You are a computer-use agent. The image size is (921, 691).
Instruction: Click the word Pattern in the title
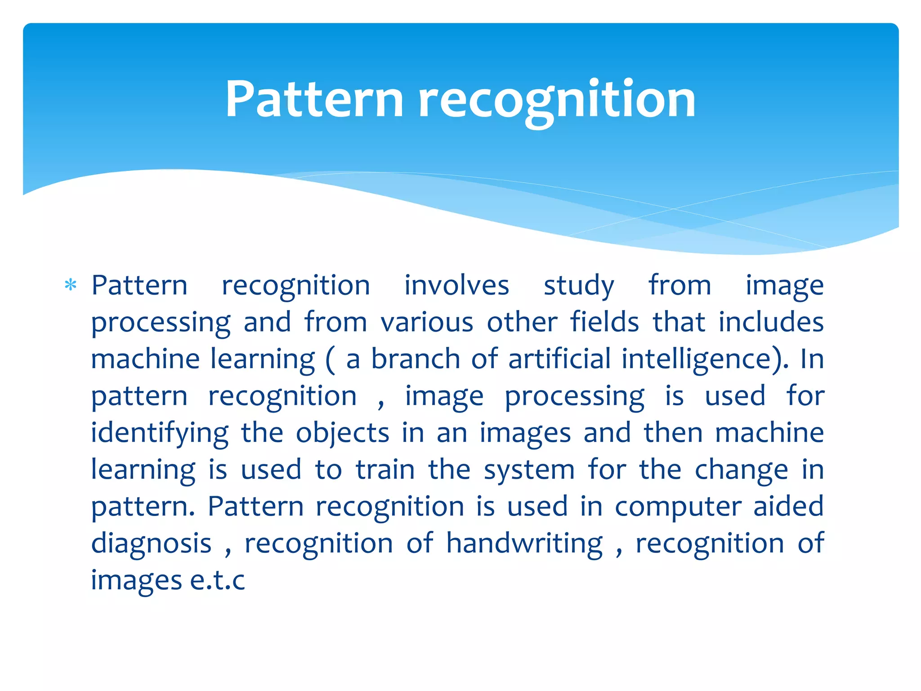point(314,99)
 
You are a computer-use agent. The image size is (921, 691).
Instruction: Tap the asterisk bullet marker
point(71,285)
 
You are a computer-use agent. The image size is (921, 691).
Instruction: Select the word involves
point(456,285)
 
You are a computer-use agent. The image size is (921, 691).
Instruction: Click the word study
point(579,285)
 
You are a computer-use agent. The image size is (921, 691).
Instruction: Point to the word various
point(427,322)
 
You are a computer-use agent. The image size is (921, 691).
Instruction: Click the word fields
point(604,322)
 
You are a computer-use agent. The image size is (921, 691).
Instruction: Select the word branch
point(416,359)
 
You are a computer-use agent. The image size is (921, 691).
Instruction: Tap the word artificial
point(559,359)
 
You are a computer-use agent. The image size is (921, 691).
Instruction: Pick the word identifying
point(160,433)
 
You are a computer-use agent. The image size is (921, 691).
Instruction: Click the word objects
point(342,433)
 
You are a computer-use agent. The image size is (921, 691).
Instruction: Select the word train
point(385,470)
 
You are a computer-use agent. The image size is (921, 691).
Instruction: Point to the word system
point(529,470)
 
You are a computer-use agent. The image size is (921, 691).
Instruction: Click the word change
point(741,470)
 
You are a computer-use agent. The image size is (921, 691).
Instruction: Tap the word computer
point(678,507)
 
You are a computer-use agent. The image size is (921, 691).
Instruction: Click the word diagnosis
point(151,543)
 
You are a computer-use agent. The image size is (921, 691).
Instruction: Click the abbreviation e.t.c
point(217,580)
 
